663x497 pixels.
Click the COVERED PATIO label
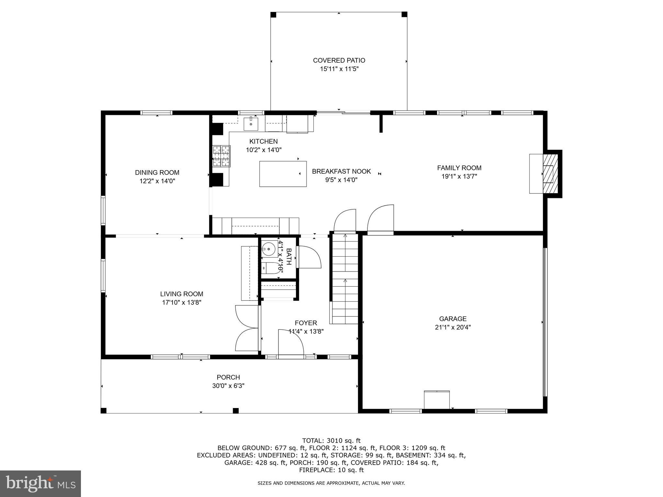[339, 61]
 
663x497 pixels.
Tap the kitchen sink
[251, 124]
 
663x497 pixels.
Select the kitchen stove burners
[221, 156]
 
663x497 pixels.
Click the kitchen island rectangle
[283, 174]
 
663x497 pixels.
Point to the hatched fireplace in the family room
[551, 173]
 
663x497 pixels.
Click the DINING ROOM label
[157, 172]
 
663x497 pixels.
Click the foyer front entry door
[290, 343]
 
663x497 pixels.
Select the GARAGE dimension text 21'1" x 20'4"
[453, 327]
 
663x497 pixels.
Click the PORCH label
[228, 377]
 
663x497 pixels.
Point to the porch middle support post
[236, 411]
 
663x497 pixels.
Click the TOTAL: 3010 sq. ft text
[331, 440]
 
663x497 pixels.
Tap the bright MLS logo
[40, 483]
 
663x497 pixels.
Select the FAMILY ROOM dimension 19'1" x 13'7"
[459, 176]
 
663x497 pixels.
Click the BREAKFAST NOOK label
[341, 171]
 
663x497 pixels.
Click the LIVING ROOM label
[182, 294]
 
